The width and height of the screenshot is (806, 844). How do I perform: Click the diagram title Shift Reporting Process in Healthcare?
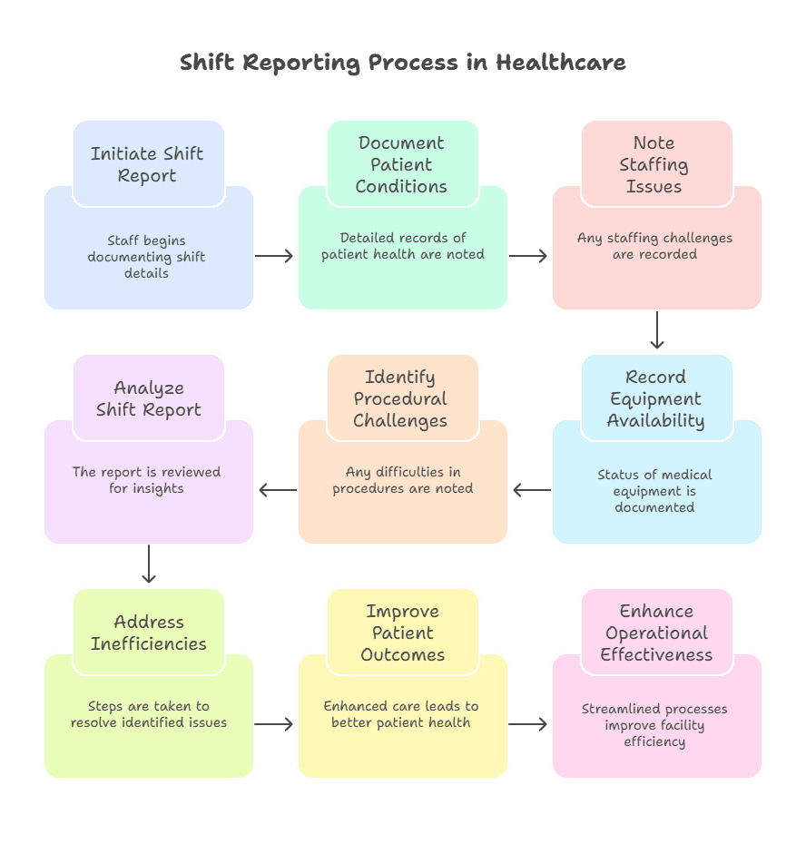402,63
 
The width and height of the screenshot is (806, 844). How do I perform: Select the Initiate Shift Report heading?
147,164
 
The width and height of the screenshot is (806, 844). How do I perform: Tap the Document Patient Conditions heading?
401,164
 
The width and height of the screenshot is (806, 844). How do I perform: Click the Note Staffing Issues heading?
654,164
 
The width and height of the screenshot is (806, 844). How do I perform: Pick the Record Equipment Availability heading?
655,398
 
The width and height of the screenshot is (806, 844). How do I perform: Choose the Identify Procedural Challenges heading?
401,398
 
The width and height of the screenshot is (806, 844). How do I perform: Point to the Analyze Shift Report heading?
149,398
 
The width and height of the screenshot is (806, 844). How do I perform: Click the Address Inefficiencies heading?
149,633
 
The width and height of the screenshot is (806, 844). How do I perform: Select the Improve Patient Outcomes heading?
402,633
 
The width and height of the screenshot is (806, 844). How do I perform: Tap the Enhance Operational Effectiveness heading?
656,633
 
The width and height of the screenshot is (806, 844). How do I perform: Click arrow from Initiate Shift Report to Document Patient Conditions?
275,256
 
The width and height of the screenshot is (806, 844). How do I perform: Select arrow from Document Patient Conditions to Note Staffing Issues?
529,256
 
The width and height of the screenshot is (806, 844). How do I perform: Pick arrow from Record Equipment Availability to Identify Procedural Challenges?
531,490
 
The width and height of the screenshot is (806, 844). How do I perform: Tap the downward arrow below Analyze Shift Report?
149,564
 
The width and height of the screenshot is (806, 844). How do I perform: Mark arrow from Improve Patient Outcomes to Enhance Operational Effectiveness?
529,724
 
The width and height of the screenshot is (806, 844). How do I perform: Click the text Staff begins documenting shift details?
147,257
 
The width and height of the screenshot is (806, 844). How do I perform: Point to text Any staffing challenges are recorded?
655,246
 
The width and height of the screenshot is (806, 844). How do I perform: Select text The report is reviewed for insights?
147,480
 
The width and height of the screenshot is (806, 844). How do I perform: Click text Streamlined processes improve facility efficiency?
655,725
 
